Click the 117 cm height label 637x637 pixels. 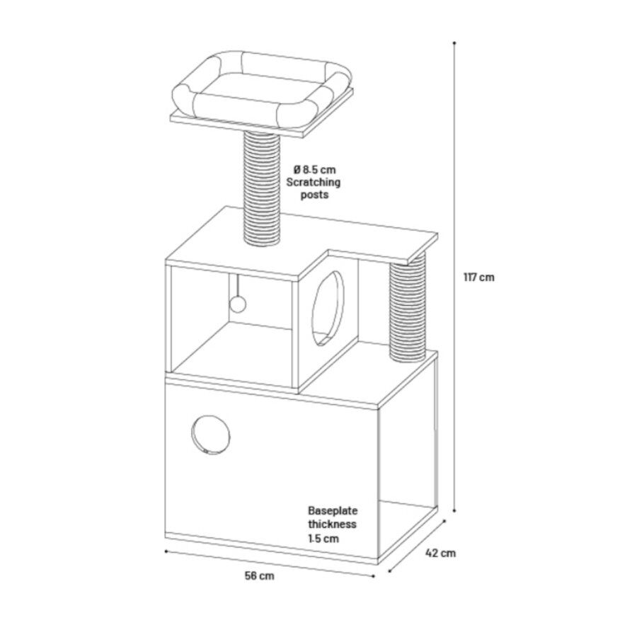click(x=479, y=277)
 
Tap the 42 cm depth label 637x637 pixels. click(x=440, y=553)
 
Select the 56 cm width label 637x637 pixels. click(x=259, y=575)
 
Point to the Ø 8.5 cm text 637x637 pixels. click(x=314, y=169)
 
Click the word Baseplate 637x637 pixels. click(x=333, y=510)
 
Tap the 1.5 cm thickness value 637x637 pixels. click(x=323, y=539)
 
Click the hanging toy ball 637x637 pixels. click(x=238, y=304)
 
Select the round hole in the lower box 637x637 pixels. click(x=210, y=435)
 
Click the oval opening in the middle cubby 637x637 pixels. click(x=328, y=309)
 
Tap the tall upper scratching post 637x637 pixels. click(x=262, y=189)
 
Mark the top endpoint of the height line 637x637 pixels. click(x=454, y=42)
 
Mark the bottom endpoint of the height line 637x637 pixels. click(x=454, y=510)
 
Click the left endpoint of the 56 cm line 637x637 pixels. click(x=166, y=551)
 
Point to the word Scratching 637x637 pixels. click(x=314, y=183)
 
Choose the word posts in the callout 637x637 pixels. click(x=314, y=195)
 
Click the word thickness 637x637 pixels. click(x=332, y=524)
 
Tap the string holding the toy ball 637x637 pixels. click(x=237, y=285)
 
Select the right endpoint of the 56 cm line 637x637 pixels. click(x=373, y=575)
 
